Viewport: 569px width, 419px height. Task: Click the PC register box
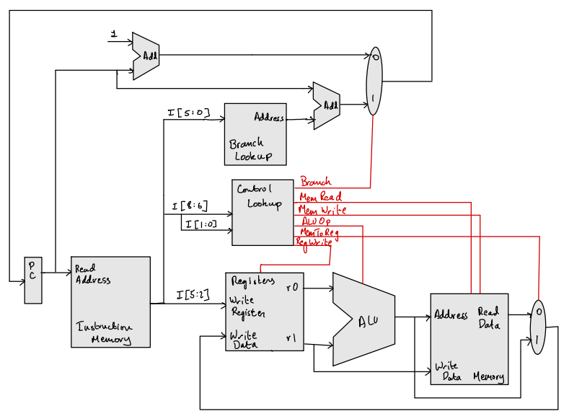point(33,279)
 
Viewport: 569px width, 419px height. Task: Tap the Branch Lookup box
point(255,134)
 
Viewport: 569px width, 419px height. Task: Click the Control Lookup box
point(263,212)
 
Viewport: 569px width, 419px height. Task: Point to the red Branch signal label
point(315,182)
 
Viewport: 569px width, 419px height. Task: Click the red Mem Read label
point(320,196)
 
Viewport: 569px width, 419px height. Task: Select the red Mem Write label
point(322,210)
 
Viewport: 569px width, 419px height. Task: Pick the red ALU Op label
point(315,221)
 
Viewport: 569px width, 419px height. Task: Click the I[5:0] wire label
point(188,113)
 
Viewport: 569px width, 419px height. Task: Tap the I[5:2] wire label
point(193,294)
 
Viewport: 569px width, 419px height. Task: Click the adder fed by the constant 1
point(147,56)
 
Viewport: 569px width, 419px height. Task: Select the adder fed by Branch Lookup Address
point(327,105)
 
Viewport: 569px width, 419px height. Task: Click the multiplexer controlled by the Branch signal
point(374,81)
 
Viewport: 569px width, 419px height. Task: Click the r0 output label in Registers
point(291,287)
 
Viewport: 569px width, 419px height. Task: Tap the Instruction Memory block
point(110,301)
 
